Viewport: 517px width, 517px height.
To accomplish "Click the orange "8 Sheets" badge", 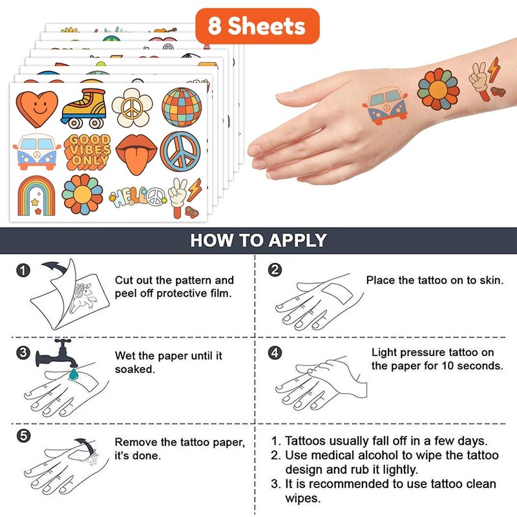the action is coord(257,26).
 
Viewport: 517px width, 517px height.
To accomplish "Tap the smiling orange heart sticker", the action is coord(37,109).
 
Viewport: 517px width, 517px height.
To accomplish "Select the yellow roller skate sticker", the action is coord(84,108).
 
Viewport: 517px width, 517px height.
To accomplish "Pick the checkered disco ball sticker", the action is coord(182,107).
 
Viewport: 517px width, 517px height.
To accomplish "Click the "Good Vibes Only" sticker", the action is coord(87,152).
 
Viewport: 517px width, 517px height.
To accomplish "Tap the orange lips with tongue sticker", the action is coord(136,154).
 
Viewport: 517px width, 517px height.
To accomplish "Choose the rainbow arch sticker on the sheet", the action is coord(36,195).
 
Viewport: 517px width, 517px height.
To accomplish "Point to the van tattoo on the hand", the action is coord(385,107).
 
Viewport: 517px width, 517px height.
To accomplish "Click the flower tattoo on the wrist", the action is coord(438,89).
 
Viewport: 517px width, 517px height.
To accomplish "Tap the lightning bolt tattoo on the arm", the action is coord(493,69).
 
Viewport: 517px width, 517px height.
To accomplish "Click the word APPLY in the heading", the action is coord(297,240).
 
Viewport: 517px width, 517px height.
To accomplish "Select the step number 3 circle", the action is coord(23,353).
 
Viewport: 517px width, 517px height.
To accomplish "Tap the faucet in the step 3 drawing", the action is coord(57,353).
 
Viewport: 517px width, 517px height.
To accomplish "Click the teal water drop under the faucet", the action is coord(73,374).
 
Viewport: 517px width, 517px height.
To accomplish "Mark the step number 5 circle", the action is coord(23,436).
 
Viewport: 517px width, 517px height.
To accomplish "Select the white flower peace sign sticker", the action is coord(132,107).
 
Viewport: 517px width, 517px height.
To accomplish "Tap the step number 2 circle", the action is coord(275,269).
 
